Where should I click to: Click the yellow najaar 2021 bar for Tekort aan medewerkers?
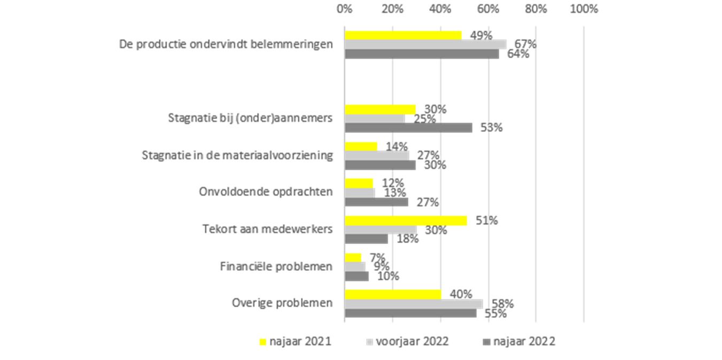pyautogui.click(x=405, y=221)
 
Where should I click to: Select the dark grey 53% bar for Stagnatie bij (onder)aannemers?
pyautogui.click(x=408, y=128)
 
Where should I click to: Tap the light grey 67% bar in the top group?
pyautogui.click(x=425, y=44)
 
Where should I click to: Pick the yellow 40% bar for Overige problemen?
pyautogui.click(x=393, y=294)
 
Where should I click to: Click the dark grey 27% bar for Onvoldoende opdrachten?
pyautogui.click(x=376, y=202)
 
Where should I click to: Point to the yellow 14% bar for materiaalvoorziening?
pyautogui.click(x=361, y=146)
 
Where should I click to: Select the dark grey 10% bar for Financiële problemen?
pyautogui.click(x=356, y=276)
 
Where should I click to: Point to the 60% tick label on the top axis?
pyautogui.click(x=488, y=9)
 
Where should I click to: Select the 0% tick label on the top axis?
pyautogui.click(x=345, y=9)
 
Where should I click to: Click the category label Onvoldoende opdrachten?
pyautogui.click(x=266, y=192)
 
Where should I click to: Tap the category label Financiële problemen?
pyautogui.click(x=276, y=266)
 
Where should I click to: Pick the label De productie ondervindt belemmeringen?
pyautogui.click(x=226, y=44)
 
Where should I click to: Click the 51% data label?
pyautogui.click(x=487, y=220)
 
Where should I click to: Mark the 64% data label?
pyautogui.click(x=518, y=54)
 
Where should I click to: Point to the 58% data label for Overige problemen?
pyautogui.click(x=502, y=304)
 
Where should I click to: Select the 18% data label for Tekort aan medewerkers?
pyautogui.click(x=407, y=239)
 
